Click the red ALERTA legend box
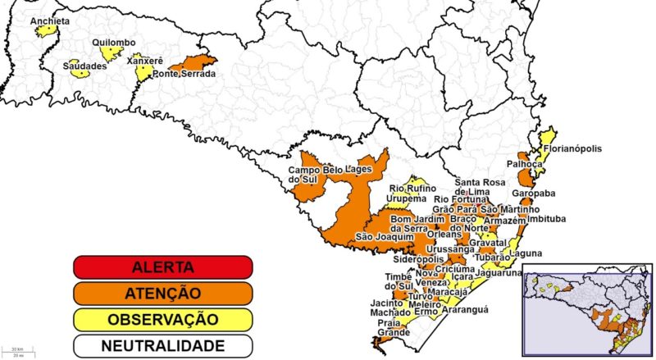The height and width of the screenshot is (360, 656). [162, 267]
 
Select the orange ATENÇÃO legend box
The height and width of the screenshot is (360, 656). [162, 293]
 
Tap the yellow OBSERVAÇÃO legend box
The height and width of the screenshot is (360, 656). [162, 319]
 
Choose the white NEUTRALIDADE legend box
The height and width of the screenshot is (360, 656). [162, 345]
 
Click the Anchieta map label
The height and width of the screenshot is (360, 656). [49, 21]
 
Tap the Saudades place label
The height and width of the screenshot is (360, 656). [85, 66]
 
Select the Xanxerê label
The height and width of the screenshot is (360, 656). [145, 61]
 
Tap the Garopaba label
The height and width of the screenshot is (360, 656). [533, 194]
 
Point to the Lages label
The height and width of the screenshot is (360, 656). [358, 170]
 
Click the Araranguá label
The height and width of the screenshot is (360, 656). [465, 309]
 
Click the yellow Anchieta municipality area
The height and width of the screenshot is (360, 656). [47, 31]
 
